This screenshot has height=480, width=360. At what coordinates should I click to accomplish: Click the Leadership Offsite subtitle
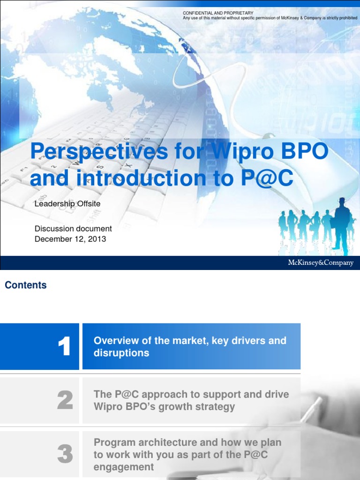67,204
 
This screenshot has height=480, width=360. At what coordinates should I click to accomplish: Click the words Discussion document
73,229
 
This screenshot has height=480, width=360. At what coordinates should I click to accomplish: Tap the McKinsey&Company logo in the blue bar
320,263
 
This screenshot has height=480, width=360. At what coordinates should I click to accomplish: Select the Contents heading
26,285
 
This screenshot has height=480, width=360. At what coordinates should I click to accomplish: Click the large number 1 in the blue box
64,347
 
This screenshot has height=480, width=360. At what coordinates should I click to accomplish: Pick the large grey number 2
65,401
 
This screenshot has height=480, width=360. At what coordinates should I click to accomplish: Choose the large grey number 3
65,454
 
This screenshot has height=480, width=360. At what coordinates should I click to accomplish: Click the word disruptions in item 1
121,353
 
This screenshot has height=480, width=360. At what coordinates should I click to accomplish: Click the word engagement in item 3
124,467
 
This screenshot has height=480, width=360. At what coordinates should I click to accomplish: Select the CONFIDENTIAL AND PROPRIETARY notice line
218,13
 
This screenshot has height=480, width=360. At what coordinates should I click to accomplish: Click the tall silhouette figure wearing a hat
342,225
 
